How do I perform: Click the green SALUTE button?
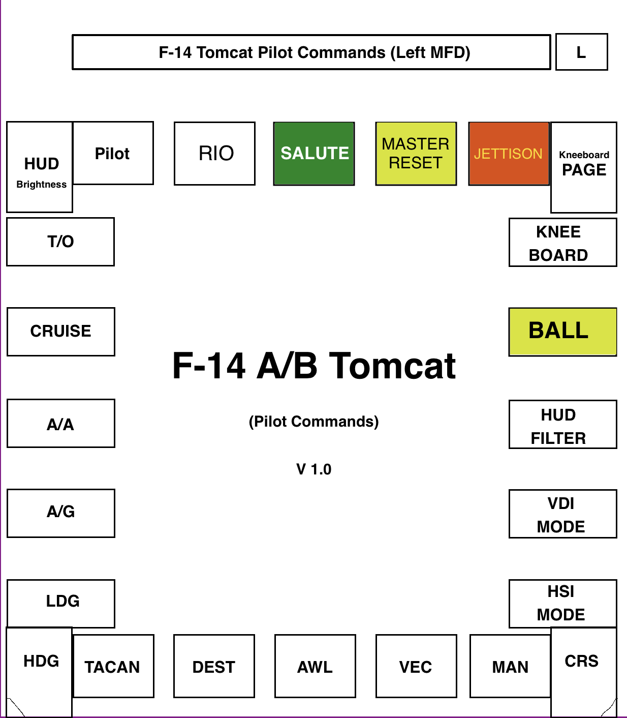[314, 154]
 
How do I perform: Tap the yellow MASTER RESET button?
[416, 154]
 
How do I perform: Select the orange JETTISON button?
[509, 154]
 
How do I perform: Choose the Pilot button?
[113, 153]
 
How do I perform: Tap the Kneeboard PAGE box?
[584, 167]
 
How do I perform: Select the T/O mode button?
[60, 242]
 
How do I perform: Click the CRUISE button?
[61, 332]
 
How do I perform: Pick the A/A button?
[61, 424]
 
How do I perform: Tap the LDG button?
[61, 603]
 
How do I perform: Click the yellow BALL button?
[562, 332]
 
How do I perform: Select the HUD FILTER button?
[562, 425]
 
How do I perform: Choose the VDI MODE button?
[562, 514]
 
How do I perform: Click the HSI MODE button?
[562, 603]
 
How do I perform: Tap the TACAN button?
[113, 666]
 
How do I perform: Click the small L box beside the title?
[581, 52]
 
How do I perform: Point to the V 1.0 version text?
[314, 469]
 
